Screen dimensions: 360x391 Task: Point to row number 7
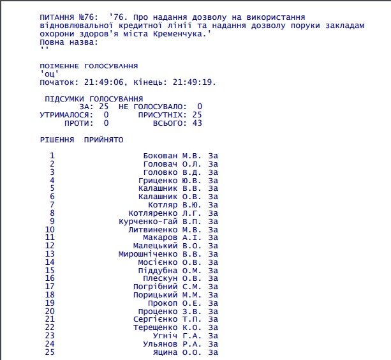pyautogui.click(x=52, y=205)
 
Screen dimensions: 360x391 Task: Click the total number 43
pyautogui.click(x=197, y=123)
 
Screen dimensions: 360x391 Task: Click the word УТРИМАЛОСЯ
pyautogui.click(x=61, y=115)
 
